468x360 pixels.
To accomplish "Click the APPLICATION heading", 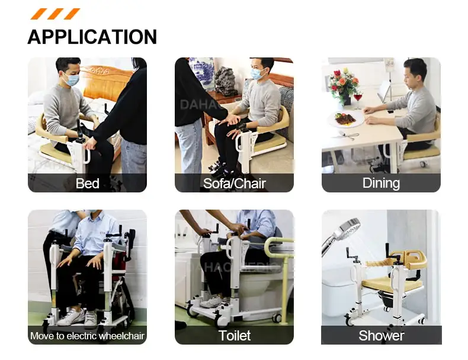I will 92,37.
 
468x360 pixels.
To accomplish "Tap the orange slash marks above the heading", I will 55,14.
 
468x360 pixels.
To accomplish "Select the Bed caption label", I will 87,184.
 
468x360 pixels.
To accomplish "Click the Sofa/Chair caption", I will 234,184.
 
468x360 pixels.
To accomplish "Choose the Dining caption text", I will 381,183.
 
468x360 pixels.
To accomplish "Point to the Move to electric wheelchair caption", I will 87,336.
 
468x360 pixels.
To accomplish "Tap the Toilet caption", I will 234,336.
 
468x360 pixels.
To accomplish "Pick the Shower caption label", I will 381,336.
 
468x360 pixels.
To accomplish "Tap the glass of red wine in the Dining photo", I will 357,98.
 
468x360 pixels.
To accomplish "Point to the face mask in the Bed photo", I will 72,79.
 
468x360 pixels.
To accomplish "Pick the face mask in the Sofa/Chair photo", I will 257,74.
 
